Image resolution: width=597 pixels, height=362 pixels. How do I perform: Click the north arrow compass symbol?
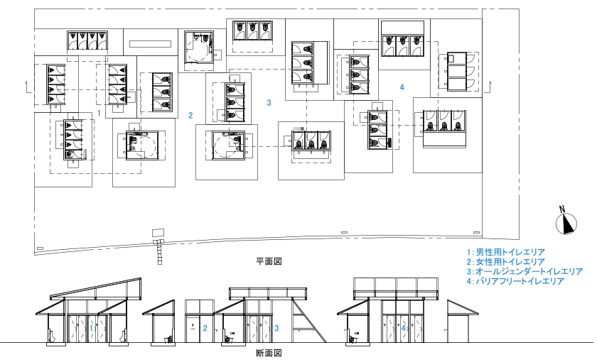pyautogui.click(x=566, y=224)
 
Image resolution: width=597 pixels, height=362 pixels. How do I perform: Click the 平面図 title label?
pyautogui.click(x=269, y=262)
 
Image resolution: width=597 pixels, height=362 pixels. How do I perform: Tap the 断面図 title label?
pyautogui.click(x=269, y=353)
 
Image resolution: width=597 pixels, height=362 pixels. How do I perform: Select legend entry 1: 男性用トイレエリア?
pyautogui.click(x=506, y=252)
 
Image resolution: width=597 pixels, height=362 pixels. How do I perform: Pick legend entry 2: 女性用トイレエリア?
pyautogui.click(x=506, y=262)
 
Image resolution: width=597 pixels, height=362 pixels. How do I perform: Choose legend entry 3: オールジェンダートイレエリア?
pyautogui.click(x=525, y=271)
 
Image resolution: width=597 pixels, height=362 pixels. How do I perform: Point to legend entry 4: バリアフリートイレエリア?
pyautogui.click(x=515, y=281)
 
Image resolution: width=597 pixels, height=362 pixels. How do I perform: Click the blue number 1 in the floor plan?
pyautogui.click(x=99, y=113)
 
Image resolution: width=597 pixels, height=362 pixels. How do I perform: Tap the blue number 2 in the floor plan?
pyautogui.click(x=190, y=115)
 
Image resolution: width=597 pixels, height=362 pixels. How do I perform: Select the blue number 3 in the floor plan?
pyautogui.click(x=269, y=103)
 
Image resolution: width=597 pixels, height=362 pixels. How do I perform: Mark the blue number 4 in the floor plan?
pyautogui.click(x=402, y=87)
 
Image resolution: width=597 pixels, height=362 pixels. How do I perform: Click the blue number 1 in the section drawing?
pyautogui.click(x=92, y=328)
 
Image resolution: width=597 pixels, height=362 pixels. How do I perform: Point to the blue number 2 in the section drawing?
pyautogui.click(x=205, y=328)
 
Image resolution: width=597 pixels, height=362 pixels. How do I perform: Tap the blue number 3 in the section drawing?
pyautogui.click(x=276, y=328)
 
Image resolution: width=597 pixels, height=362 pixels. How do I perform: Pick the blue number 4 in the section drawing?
pyautogui.click(x=403, y=328)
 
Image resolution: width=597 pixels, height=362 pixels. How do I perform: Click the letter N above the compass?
pyautogui.click(x=562, y=209)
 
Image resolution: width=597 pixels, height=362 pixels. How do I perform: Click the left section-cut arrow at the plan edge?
pyautogui.click(x=28, y=87)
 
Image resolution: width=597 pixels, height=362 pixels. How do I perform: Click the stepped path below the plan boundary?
pyautogui.click(x=158, y=252)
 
